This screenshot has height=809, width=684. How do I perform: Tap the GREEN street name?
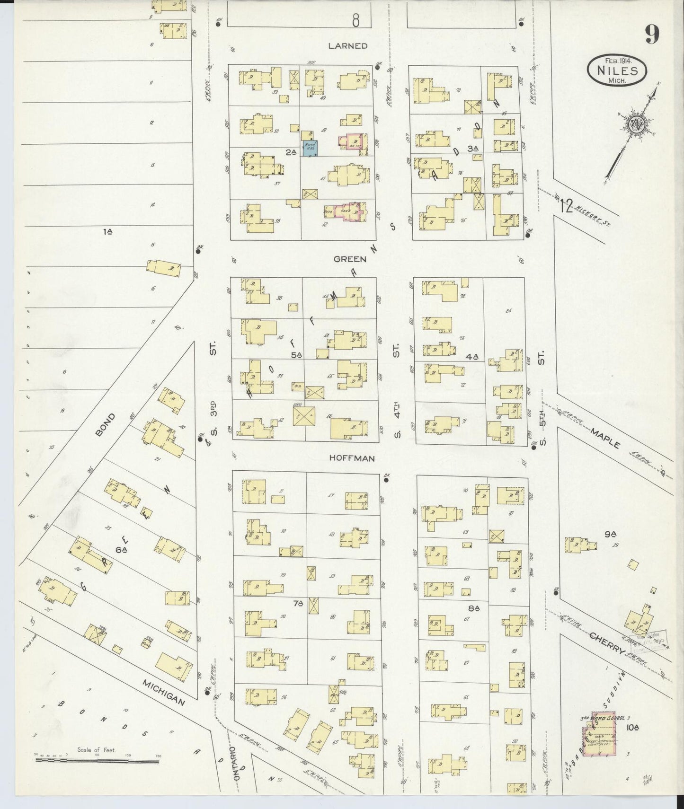pyautogui.click(x=350, y=259)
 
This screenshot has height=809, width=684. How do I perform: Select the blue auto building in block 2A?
pyautogui.click(x=310, y=148)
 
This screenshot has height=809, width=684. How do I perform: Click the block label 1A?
pyautogui.click(x=107, y=231)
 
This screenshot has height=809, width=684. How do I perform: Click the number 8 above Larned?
pyautogui.click(x=356, y=20)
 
